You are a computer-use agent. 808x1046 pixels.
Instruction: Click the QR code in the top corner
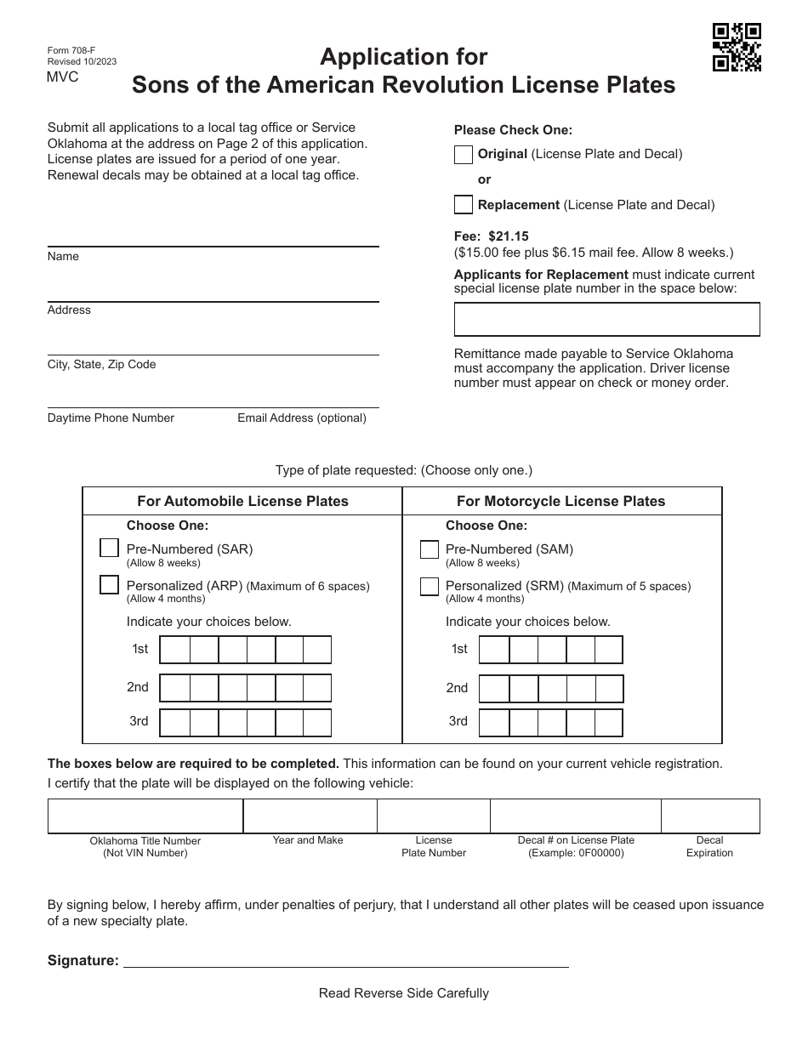point(737,48)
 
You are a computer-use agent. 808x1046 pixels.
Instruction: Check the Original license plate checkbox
point(464,155)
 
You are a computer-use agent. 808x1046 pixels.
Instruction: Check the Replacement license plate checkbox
point(464,205)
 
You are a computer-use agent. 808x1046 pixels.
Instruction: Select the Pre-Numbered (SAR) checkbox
point(109,549)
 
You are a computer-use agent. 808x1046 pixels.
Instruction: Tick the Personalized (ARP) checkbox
point(109,585)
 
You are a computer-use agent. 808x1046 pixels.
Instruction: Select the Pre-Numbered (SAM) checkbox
point(430,550)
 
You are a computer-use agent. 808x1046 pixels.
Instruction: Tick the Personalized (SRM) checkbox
point(430,587)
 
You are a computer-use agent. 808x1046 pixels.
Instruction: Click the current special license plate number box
point(606,320)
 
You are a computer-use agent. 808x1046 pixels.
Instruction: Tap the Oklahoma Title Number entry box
point(145,816)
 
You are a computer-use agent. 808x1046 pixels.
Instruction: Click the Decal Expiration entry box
point(710,816)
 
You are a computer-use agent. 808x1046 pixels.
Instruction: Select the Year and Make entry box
point(310,816)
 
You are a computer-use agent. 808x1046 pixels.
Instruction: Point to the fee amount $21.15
point(508,236)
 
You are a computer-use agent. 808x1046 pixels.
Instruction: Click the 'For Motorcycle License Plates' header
point(561,502)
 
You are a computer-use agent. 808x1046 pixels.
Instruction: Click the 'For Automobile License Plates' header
point(242,502)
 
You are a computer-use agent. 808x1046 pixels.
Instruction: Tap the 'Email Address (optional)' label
point(302,418)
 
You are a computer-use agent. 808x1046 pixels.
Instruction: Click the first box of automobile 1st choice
point(174,650)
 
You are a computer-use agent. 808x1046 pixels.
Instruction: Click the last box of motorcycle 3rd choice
point(609,723)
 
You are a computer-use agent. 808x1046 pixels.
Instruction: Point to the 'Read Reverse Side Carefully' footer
point(404,993)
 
